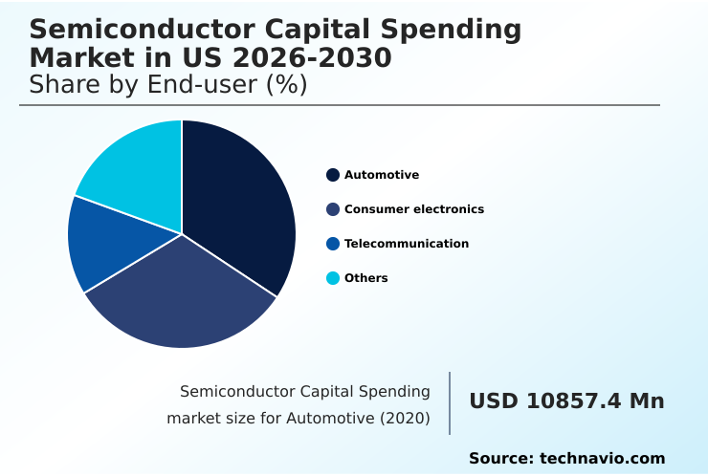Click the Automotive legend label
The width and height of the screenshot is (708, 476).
click(381, 175)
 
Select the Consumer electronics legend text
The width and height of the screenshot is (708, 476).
click(413, 209)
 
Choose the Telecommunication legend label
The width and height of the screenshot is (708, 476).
click(406, 244)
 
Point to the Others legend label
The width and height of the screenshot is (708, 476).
click(365, 278)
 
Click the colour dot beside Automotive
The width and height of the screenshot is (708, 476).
click(333, 175)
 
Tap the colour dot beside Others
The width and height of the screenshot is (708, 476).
click(333, 278)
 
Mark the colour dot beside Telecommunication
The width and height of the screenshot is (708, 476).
click(333, 244)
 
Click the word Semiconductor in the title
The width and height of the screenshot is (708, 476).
click(133, 30)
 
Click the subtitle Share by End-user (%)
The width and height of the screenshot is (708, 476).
click(167, 85)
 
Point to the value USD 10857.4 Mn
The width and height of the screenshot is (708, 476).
click(566, 401)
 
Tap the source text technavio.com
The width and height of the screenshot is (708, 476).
click(602, 459)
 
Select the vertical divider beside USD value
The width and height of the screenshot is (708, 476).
click(450, 402)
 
